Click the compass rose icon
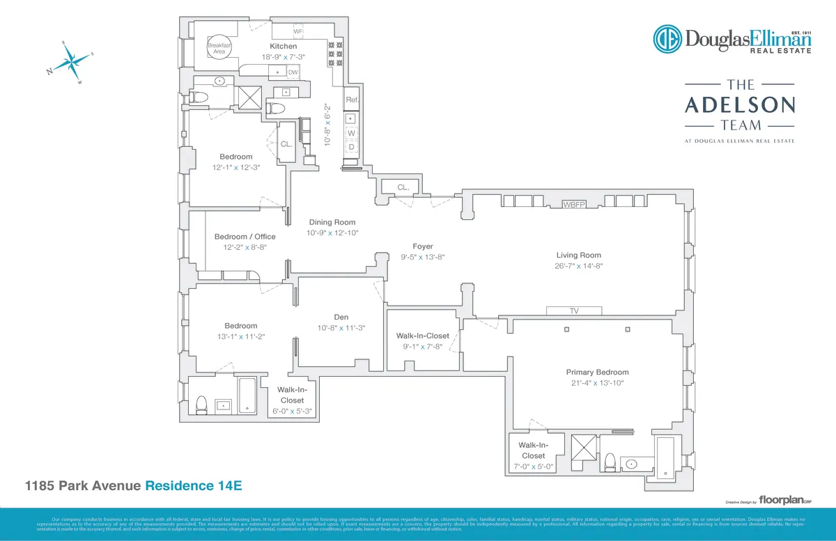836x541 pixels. click(x=71, y=63)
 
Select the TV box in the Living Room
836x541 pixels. click(x=575, y=311)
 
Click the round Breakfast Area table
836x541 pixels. click(x=218, y=45)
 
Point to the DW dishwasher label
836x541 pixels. click(x=293, y=72)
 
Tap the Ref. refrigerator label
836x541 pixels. click(x=352, y=100)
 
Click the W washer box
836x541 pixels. click(x=352, y=132)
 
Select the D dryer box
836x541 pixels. click(x=352, y=147)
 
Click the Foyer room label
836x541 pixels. click(x=422, y=246)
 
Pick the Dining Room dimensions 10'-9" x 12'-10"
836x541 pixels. click(x=332, y=233)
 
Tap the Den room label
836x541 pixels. click(x=341, y=317)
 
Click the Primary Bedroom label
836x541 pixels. click(x=597, y=372)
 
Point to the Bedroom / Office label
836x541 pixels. click(x=245, y=237)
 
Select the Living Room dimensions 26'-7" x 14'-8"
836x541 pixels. click(x=578, y=265)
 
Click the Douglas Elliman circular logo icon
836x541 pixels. click(x=667, y=39)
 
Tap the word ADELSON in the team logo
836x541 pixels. click(x=739, y=105)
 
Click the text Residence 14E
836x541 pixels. click(x=193, y=485)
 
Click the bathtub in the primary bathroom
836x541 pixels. click(x=665, y=457)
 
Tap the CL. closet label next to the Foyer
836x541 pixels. click(x=403, y=187)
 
